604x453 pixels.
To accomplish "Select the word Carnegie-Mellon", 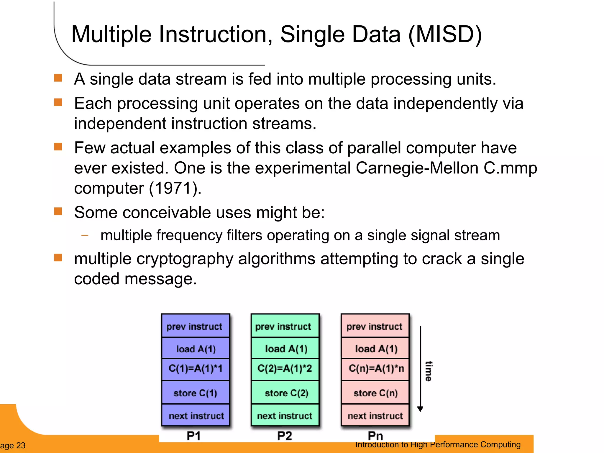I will click(x=417, y=168).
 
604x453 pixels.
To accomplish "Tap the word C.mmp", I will click(x=510, y=168).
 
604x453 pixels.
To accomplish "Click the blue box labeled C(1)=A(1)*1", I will click(x=196, y=369).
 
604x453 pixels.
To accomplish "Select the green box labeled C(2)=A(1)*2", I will click(x=285, y=369).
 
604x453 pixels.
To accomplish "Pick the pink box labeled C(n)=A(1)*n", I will click(x=375, y=369).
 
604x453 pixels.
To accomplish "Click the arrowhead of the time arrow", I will click(x=420, y=409).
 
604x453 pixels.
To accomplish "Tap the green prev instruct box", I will click(x=285, y=326).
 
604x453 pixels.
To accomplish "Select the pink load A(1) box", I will click(x=375, y=349).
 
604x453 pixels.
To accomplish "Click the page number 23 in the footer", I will click(x=21, y=446).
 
